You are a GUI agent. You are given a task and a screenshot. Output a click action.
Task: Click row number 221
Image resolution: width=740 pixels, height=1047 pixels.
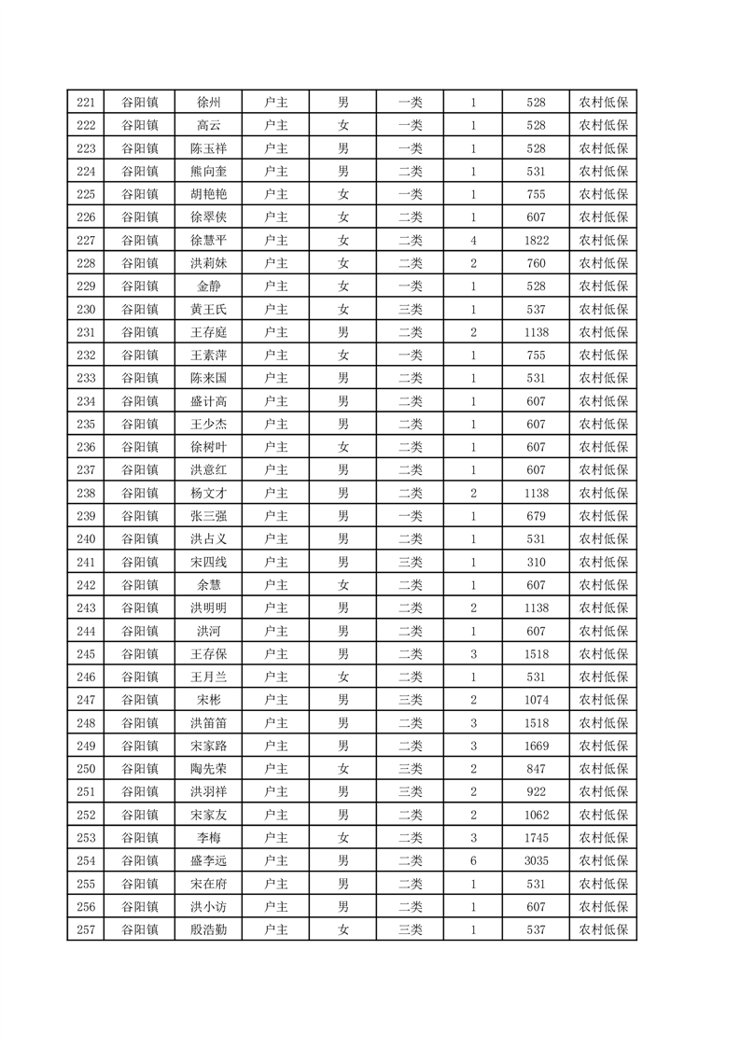85,103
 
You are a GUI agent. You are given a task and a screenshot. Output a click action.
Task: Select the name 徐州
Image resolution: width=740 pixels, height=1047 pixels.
208,103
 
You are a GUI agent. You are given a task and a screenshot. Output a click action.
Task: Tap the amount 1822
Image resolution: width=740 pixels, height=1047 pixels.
536,241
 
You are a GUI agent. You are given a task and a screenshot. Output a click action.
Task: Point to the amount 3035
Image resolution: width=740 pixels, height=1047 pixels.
536,860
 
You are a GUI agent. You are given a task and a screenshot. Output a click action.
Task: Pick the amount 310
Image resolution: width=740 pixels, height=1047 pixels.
536,562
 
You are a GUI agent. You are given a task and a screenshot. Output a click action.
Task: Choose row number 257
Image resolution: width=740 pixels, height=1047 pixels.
85,929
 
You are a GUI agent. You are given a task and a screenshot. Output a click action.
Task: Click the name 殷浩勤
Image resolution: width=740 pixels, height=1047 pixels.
208,929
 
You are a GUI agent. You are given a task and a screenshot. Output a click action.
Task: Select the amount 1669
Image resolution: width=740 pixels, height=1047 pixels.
536,746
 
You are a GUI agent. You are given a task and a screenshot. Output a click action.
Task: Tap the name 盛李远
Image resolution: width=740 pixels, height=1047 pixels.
208,860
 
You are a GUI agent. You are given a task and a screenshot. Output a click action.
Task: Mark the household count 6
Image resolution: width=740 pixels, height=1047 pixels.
473,860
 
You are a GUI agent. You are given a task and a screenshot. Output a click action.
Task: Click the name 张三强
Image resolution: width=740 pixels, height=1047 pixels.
208,516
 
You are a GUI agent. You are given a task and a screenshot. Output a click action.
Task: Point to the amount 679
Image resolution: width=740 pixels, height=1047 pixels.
536,516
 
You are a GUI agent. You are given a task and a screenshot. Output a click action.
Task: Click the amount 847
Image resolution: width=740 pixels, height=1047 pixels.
536,769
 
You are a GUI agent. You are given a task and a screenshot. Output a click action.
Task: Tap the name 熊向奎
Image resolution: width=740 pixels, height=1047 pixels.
208,172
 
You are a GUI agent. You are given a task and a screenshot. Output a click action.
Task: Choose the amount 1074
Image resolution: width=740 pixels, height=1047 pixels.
536,700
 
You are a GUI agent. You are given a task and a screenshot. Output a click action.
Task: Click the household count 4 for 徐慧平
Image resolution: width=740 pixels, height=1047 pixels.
473,241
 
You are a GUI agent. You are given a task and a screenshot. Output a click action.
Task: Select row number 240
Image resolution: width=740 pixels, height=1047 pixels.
85,539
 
